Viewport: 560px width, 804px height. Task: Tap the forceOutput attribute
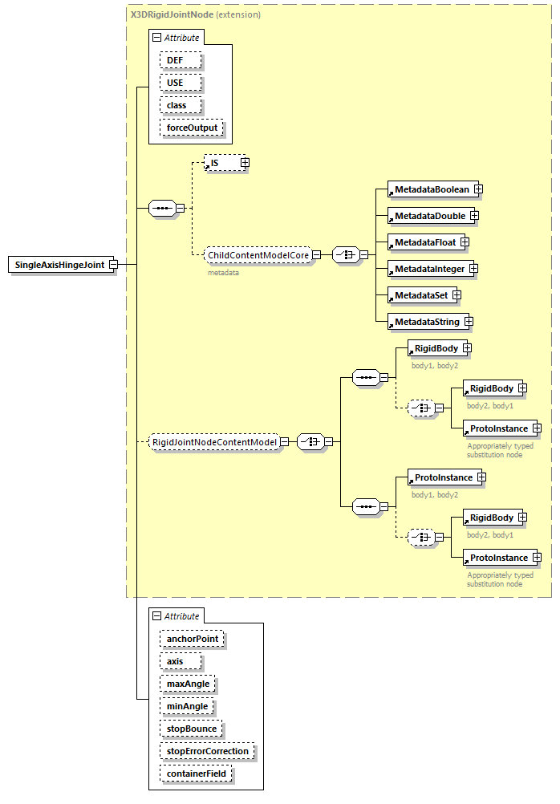click(192, 128)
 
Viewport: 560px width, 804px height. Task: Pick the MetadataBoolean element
click(432, 189)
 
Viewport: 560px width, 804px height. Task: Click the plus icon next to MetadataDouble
click(474, 216)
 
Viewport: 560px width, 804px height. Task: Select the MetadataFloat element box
click(423, 242)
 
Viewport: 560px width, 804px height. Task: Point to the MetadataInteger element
click(427, 269)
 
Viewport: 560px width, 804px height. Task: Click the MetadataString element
click(425, 322)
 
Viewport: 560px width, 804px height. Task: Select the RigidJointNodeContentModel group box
click(214, 442)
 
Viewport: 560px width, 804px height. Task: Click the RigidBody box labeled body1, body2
click(436, 348)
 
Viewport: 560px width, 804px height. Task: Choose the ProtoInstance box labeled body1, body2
click(443, 477)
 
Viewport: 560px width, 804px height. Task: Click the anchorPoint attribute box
click(192, 639)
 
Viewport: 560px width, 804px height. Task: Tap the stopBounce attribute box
click(190, 729)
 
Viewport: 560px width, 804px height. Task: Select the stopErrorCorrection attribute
click(206, 751)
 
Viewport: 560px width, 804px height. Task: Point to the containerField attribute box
click(196, 774)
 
